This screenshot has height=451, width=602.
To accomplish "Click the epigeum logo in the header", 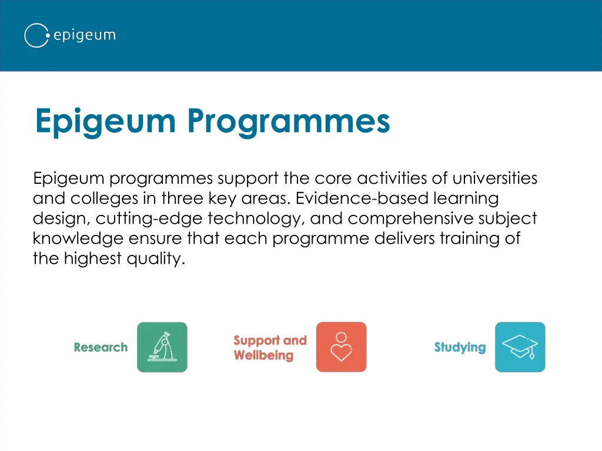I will (x=69, y=35).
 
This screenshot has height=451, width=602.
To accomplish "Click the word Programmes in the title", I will (x=289, y=121).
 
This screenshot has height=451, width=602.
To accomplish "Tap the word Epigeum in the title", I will (x=105, y=121).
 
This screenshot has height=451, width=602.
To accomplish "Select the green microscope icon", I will (x=162, y=347).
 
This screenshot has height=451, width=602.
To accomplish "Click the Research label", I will (x=101, y=348).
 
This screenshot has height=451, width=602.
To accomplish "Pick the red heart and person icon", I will (x=341, y=347).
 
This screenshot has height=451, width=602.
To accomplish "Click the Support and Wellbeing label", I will (x=270, y=348).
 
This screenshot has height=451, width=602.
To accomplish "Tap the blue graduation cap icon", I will (x=520, y=347).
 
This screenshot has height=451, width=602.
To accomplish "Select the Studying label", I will (x=460, y=348).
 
